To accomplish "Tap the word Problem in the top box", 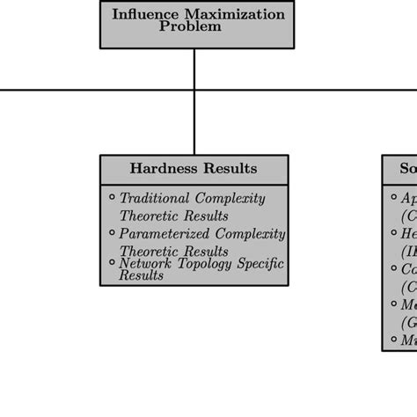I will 190,26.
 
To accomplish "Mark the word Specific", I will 260,263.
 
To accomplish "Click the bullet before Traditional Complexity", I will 112,196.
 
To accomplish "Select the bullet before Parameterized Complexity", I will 112,232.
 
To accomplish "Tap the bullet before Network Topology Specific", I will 112,261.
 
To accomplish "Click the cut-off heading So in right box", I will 407,168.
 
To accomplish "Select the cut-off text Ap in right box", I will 408,199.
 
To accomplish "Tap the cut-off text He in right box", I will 409,234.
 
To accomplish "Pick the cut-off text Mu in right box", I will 409,340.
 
